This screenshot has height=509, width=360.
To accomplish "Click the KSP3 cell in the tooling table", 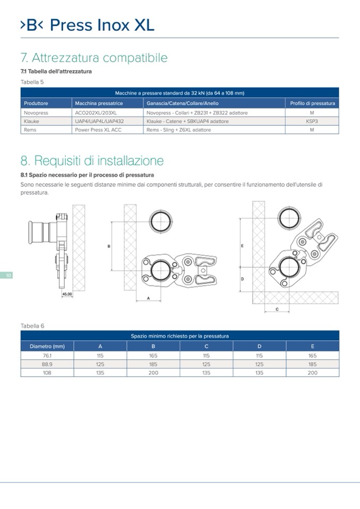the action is [312, 121].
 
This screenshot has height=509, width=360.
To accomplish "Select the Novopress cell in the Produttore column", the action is [36, 113].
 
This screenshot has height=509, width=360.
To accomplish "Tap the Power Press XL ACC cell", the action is [98, 130].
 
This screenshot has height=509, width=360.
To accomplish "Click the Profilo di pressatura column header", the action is [312, 103].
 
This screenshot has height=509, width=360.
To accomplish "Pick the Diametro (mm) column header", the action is [47, 347].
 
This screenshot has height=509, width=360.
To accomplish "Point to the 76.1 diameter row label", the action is [47, 356].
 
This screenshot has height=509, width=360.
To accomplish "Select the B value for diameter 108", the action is [153, 373].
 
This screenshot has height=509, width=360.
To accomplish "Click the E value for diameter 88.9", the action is [313, 364].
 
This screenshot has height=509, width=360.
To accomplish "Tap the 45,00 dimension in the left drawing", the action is [67, 294].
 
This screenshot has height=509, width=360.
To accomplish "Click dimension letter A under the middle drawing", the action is [148, 298].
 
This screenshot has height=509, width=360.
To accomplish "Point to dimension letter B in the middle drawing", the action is [109, 246].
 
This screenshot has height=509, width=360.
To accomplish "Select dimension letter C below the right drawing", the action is [277, 309].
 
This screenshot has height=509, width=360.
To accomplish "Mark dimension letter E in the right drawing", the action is [242, 246].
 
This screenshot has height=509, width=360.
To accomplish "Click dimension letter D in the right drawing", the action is [242, 279].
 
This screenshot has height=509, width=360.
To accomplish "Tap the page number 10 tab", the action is [6, 275].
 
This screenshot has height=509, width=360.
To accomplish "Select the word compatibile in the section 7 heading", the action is [135, 58].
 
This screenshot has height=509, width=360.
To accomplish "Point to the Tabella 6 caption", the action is [32, 325].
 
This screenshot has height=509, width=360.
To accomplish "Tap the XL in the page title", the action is [144, 25].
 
